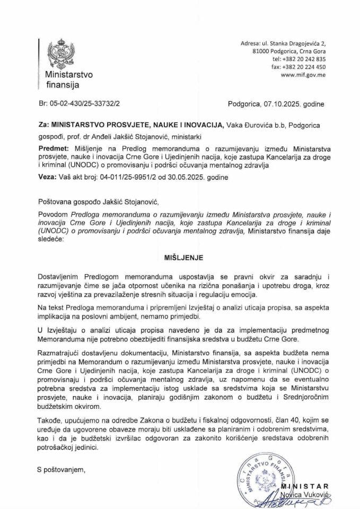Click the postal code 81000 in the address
point(263,51)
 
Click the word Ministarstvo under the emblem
point(68,75)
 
